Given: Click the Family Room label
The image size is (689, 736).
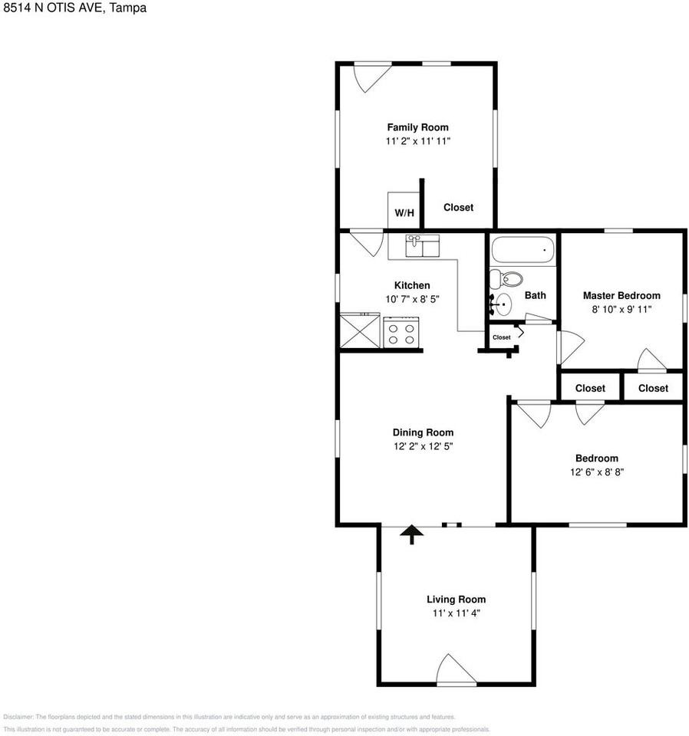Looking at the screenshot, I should click(417, 127).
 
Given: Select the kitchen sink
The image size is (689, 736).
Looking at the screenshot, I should click(414, 246).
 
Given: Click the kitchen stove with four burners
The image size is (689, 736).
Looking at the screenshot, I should click(401, 333).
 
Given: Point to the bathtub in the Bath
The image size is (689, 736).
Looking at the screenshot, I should click(523, 250).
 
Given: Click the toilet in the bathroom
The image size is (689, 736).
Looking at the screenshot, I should click(506, 278).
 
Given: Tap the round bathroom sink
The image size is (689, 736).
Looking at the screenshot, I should click(502, 304).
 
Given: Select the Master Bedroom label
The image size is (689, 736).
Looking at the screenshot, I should click(621, 295).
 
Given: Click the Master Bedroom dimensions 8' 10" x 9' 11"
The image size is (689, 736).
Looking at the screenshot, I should click(621, 309).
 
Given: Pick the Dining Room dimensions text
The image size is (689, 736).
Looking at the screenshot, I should click(423, 446).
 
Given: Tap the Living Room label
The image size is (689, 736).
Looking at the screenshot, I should click(456, 600).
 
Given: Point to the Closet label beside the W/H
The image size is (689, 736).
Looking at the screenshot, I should click(458, 207).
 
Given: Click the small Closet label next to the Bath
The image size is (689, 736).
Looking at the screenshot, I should click(501, 337).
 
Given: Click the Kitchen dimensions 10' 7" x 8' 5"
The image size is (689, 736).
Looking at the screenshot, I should click(412, 299).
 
